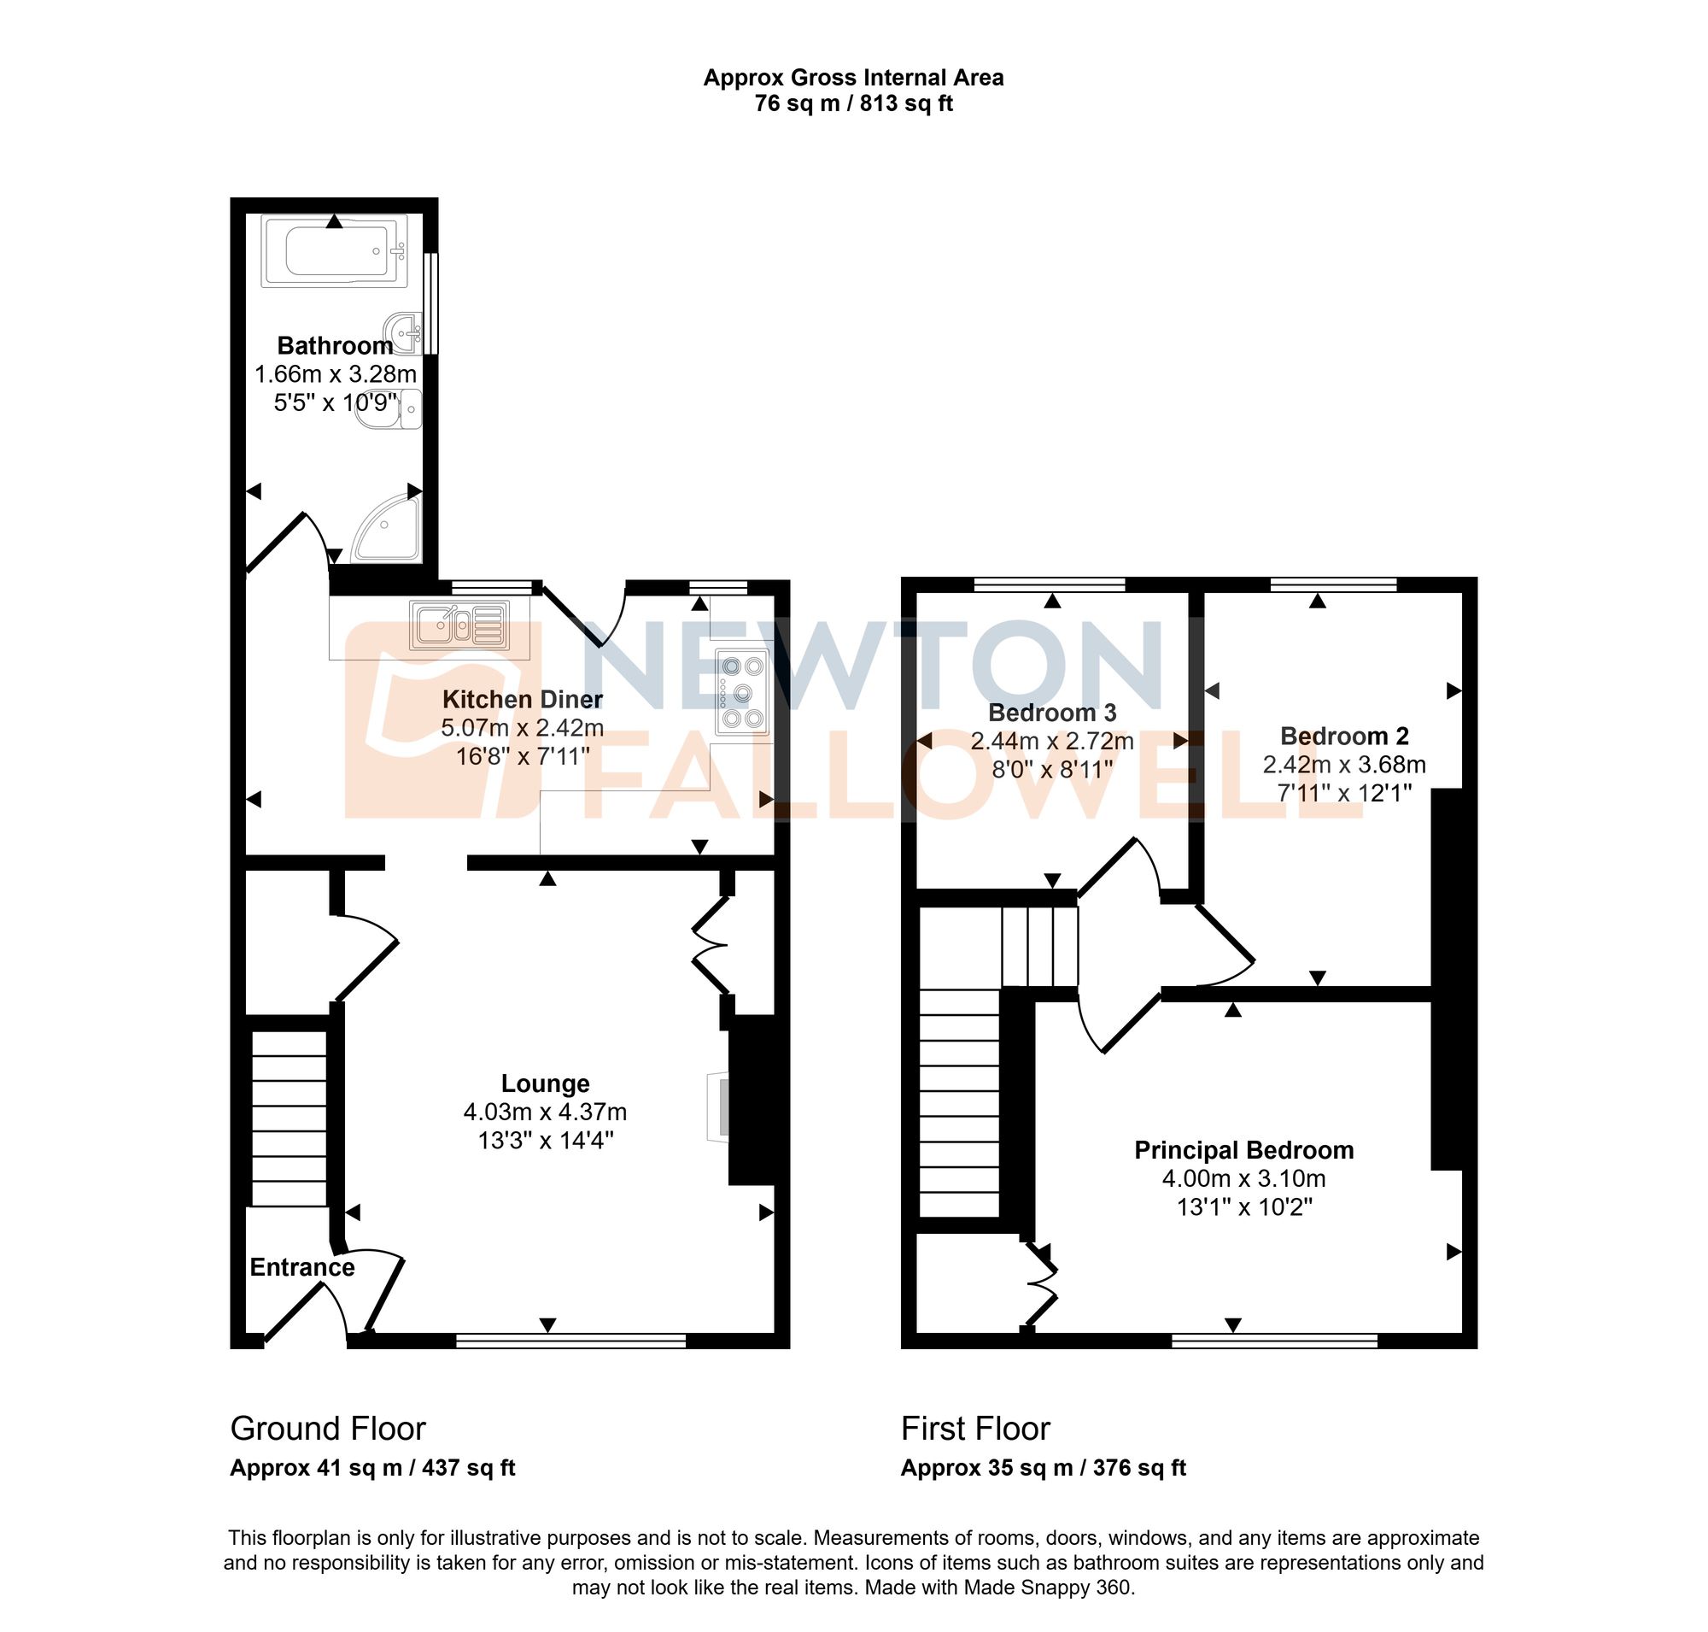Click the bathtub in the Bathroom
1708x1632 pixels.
coord(334,251)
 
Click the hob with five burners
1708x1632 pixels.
coord(742,692)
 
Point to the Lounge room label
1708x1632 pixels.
coord(545,1083)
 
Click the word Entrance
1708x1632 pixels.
coord(301,1266)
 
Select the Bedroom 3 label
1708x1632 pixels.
coord(1051,713)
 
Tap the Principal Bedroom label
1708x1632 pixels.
coord(1243,1150)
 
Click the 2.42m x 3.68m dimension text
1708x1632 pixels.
coord(1343,765)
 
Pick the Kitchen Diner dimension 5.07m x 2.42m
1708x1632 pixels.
coord(522,727)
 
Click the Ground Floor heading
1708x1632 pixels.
coord(328,1429)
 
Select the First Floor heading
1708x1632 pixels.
coord(975,1429)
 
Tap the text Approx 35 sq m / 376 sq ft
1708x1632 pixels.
coord(1043,1468)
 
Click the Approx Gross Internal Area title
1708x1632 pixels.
coord(853,78)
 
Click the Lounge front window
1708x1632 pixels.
coord(570,1341)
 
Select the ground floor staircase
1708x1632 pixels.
coord(290,1117)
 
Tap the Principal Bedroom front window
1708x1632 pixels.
coord(1274,1341)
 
